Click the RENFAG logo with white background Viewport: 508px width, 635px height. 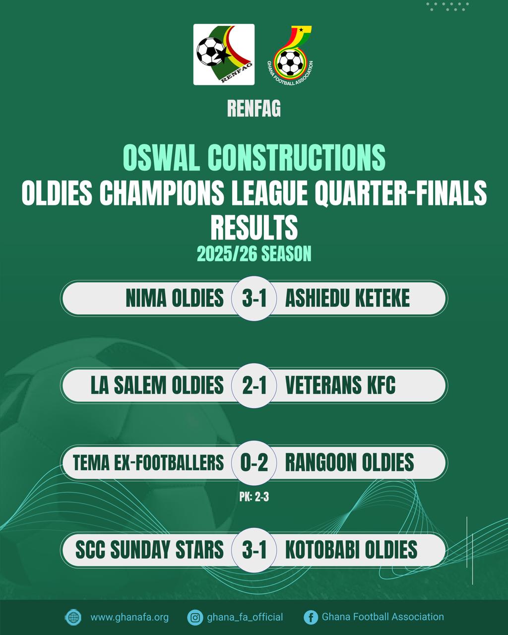tap(224, 55)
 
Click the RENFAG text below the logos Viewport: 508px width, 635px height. tap(254, 109)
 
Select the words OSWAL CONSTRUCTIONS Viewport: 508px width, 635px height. tap(254, 158)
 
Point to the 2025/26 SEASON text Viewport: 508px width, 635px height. tap(254, 254)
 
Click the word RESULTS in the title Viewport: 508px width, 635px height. tap(254, 227)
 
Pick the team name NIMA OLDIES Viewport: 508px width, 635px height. tap(175, 299)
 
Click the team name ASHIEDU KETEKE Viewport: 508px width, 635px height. tap(347, 299)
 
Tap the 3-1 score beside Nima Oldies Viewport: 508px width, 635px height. tap(254, 299)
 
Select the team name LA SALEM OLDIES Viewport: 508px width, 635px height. tap(157, 386)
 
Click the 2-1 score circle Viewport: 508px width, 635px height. tap(254, 386)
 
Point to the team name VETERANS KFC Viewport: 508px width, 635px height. tap(340, 386)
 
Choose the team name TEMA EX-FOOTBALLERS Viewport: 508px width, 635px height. tap(148, 463)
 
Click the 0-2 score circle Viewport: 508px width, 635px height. tap(254, 463)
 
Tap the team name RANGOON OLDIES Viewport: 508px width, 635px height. tap(349, 463)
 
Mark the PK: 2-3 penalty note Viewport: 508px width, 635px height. tap(254, 497)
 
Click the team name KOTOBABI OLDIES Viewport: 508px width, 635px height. tap(351, 550)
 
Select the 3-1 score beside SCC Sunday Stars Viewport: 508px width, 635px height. tap(254, 550)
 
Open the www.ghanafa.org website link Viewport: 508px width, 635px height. tap(129, 618)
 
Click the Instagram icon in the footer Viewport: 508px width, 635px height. tap(195, 618)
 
